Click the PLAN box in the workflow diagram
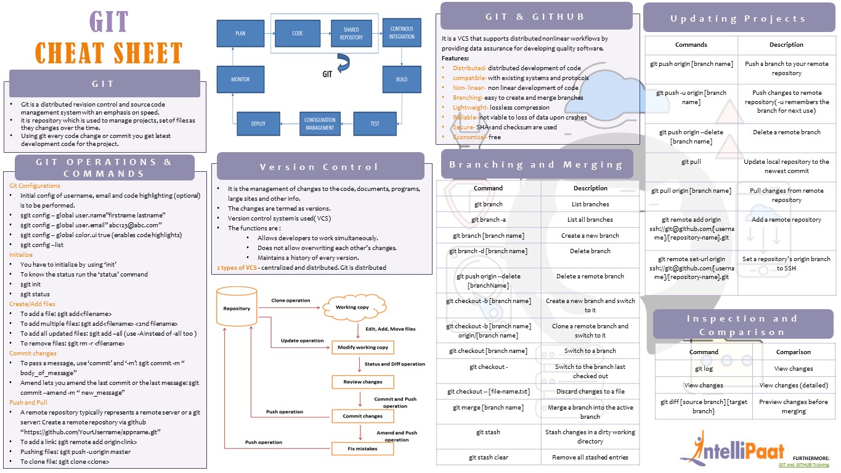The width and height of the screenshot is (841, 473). pyautogui.click(x=240, y=33)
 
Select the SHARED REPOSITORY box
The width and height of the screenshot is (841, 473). pyautogui.click(x=351, y=33)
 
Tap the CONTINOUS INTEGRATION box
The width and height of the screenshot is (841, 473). pyautogui.click(x=402, y=33)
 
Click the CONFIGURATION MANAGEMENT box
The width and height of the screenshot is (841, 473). pyautogui.click(x=320, y=123)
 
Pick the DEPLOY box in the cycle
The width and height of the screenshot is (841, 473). pyautogui.click(x=258, y=123)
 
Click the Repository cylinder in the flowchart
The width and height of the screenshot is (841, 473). pyautogui.click(x=237, y=308)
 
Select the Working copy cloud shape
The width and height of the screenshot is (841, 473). pyautogui.click(x=352, y=307)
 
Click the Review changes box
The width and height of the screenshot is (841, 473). pyautogui.click(x=363, y=382)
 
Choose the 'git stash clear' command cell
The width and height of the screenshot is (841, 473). pyautogui.click(x=489, y=457)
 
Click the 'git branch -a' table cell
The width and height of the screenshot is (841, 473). pyautogui.click(x=489, y=219)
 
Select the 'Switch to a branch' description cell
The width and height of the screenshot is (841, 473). pyautogui.click(x=590, y=350)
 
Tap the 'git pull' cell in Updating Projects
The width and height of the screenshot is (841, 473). pyautogui.click(x=691, y=162)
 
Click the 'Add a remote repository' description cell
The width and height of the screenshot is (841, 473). pyautogui.click(x=786, y=219)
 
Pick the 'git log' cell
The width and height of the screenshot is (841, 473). pyautogui.click(x=703, y=368)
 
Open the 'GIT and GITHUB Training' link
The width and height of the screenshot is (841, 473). pyautogui.click(x=803, y=465)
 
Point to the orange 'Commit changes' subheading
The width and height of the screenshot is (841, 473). pyautogui.click(x=33, y=353)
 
